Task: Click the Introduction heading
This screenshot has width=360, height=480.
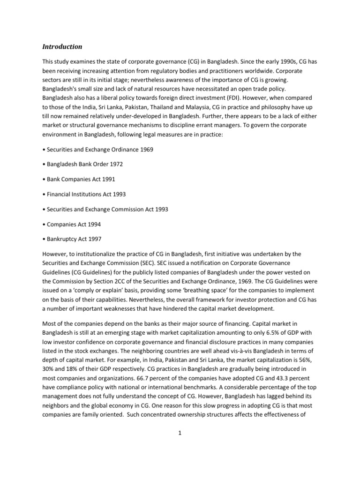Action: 62,46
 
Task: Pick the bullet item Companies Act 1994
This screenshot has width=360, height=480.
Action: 72,224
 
